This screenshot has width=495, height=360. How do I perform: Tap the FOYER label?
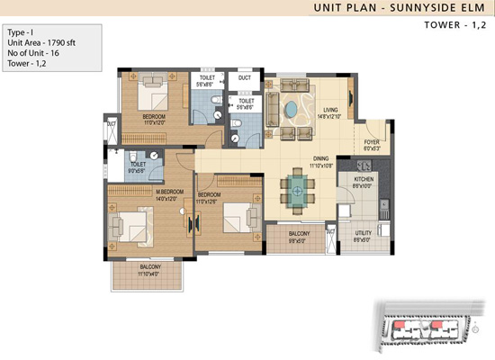pyautogui.click(x=371, y=142)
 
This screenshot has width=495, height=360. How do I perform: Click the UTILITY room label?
pyautogui.click(x=363, y=237)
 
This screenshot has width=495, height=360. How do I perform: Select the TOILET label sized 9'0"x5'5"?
pyautogui.click(x=137, y=166)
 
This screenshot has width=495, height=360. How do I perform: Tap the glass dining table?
pyautogui.click(x=297, y=189)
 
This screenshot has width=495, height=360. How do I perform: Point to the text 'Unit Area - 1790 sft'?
pyautogui.click(x=41, y=41)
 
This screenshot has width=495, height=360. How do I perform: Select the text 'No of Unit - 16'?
pyautogui.click(x=34, y=52)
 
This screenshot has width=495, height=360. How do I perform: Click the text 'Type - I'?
pyautogui.click(x=22, y=31)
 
